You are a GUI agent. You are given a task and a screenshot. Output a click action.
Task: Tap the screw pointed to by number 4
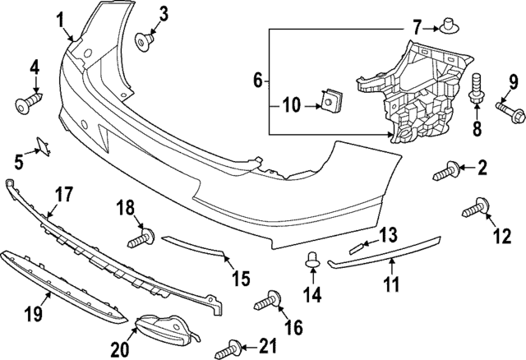coord(27,103)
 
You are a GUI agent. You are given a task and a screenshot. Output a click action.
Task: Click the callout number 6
coord(257,81)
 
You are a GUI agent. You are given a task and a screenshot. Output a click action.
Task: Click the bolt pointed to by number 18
coord(141,240)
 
